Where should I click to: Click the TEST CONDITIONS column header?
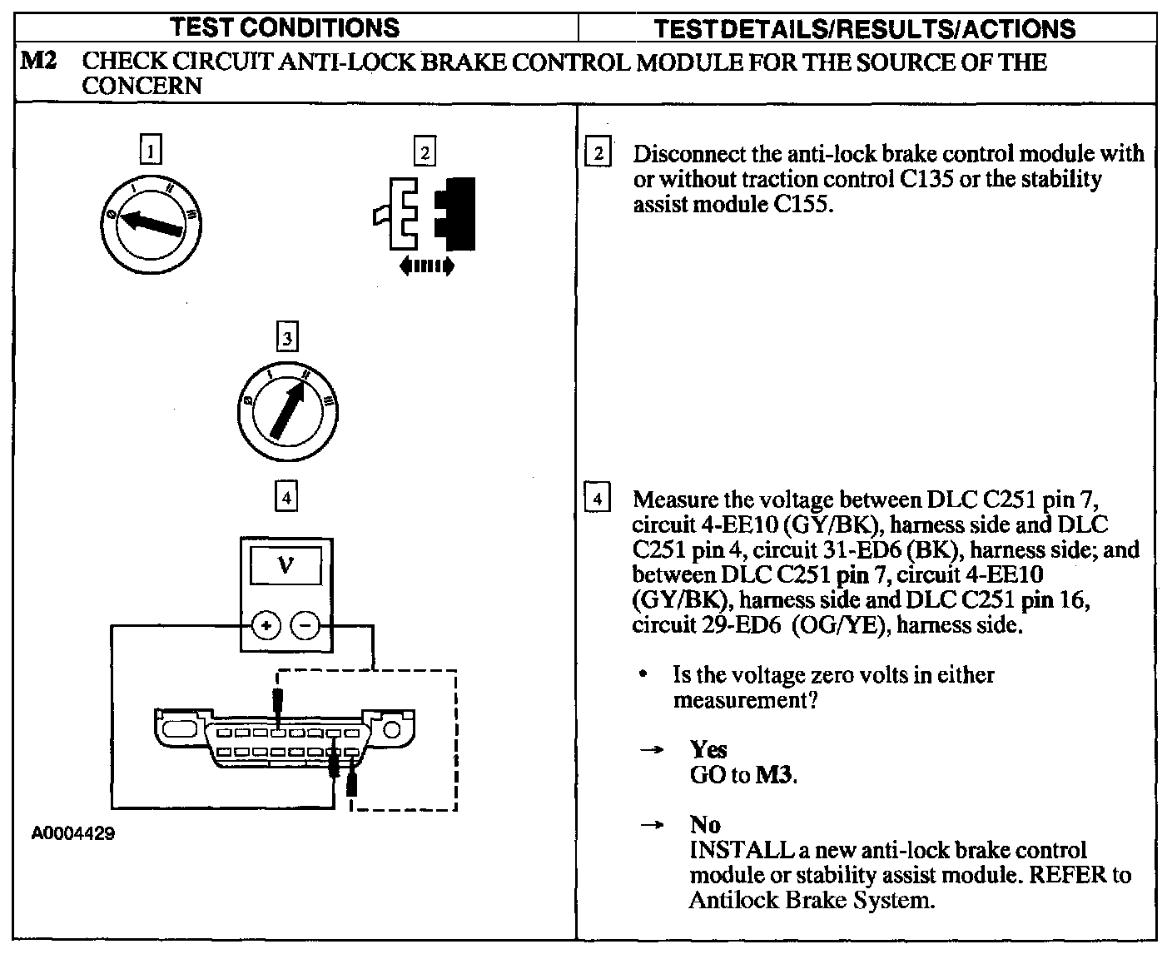click(285, 27)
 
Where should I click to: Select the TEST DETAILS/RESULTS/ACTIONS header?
click(865, 29)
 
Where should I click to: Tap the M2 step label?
click(37, 62)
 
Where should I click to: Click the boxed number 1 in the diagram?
click(150, 151)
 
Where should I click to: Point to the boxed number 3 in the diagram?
click(286, 338)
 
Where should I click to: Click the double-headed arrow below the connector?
click(426, 266)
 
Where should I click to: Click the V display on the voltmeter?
click(286, 565)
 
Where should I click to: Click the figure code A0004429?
click(73, 833)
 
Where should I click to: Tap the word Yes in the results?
click(708, 749)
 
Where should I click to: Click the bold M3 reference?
click(774, 775)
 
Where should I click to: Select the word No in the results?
click(704, 824)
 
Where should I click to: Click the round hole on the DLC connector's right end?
click(391, 729)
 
